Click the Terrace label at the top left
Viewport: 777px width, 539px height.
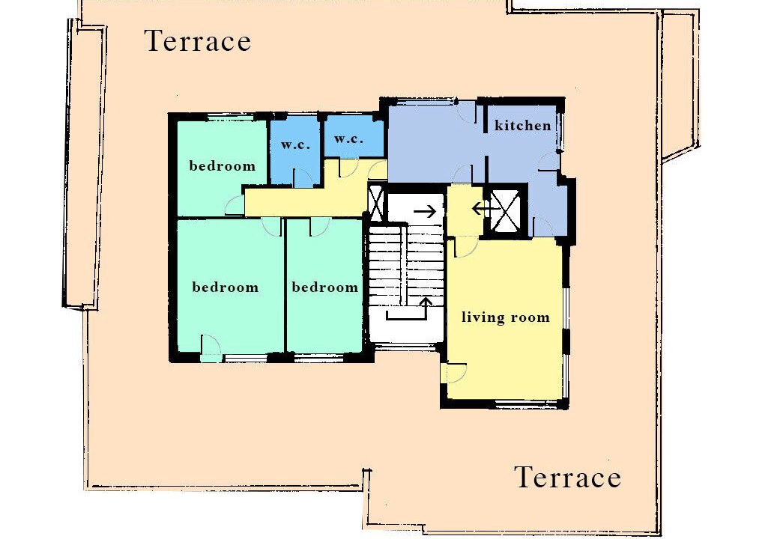click(x=199, y=41)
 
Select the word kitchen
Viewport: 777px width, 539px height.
click(x=523, y=125)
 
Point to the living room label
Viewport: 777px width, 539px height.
click(x=506, y=317)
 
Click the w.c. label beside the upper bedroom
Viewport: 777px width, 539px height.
click(x=296, y=145)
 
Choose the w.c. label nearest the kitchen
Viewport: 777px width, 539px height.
click(x=348, y=138)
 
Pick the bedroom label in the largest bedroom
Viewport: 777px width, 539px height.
click(x=226, y=287)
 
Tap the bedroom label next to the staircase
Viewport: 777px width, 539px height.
click(x=325, y=287)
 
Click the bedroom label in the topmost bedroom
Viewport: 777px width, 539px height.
click(x=223, y=165)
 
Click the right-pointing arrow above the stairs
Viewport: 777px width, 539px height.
click(x=425, y=212)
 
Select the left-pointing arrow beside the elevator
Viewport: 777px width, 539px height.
click(x=484, y=209)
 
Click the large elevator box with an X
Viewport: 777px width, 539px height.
click(x=506, y=211)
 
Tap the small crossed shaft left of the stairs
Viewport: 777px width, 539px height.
click(x=376, y=201)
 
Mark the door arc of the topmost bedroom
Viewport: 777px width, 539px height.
click(x=235, y=205)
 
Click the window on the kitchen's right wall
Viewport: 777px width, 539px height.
click(x=561, y=132)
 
